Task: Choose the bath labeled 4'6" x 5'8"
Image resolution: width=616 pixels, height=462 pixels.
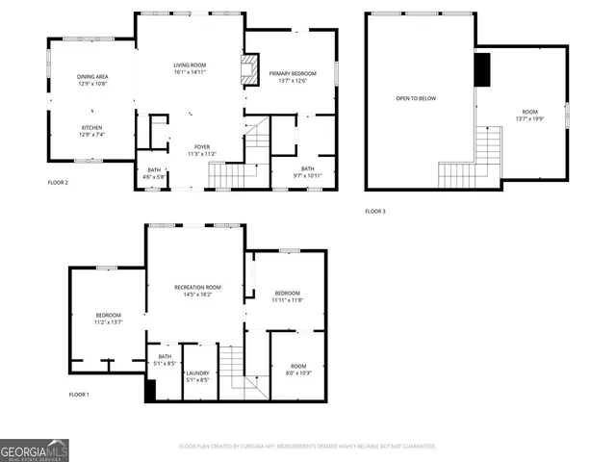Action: tap(154, 173)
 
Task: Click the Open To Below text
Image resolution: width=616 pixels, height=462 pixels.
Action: tap(410, 98)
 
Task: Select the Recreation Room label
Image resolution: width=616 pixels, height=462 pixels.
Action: tap(197, 291)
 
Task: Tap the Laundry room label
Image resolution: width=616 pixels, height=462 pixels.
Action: tap(197, 376)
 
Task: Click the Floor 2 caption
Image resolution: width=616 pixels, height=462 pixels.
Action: tap(58, 181)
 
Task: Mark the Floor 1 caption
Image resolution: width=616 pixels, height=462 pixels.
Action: tap(78, 395)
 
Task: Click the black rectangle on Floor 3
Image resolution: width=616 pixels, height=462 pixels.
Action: tap(482, 69)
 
